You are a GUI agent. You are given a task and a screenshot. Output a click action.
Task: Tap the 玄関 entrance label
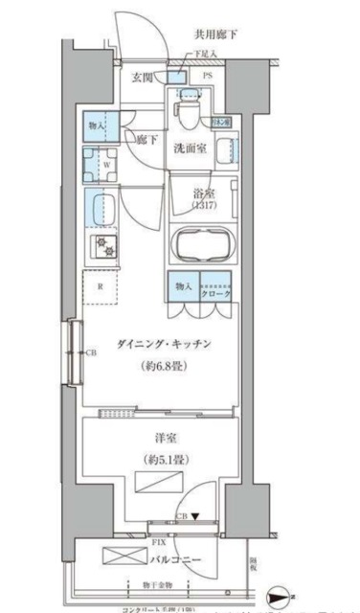[x=143, y=78]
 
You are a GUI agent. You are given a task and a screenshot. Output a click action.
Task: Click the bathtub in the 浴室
[x=201, y=244]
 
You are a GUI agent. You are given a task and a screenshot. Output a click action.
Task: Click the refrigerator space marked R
[x=100, y=284]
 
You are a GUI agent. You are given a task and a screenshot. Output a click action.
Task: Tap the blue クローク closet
[x=216, y=286]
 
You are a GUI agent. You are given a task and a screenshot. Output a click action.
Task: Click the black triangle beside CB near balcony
[x=195, y=516]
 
